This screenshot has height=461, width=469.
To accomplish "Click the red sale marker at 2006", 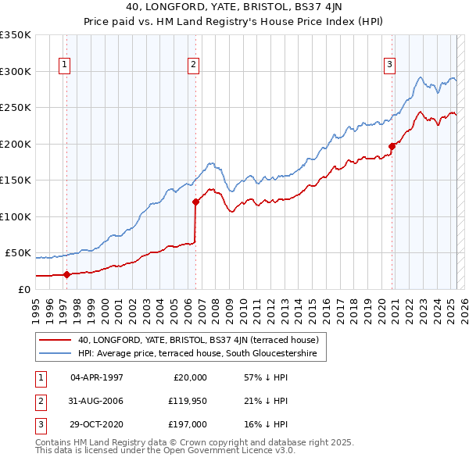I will [x=195, y=202].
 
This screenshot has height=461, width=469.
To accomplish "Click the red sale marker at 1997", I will [x=66, y=274].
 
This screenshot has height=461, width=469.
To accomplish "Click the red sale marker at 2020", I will [x=392, y=146].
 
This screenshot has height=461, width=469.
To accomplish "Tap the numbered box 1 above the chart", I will [x=63, y=65].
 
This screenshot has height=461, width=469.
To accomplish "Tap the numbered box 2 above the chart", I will [x=193, y=65].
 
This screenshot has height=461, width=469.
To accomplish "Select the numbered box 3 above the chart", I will [x=389, y=65].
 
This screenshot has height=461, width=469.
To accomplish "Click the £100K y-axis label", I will [x=16, y=216].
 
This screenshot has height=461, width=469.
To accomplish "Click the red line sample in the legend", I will [x=55, y=341].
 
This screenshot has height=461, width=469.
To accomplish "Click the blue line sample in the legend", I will [x=55, y=354].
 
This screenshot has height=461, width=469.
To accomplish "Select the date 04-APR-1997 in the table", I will [x=97, y=377].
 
